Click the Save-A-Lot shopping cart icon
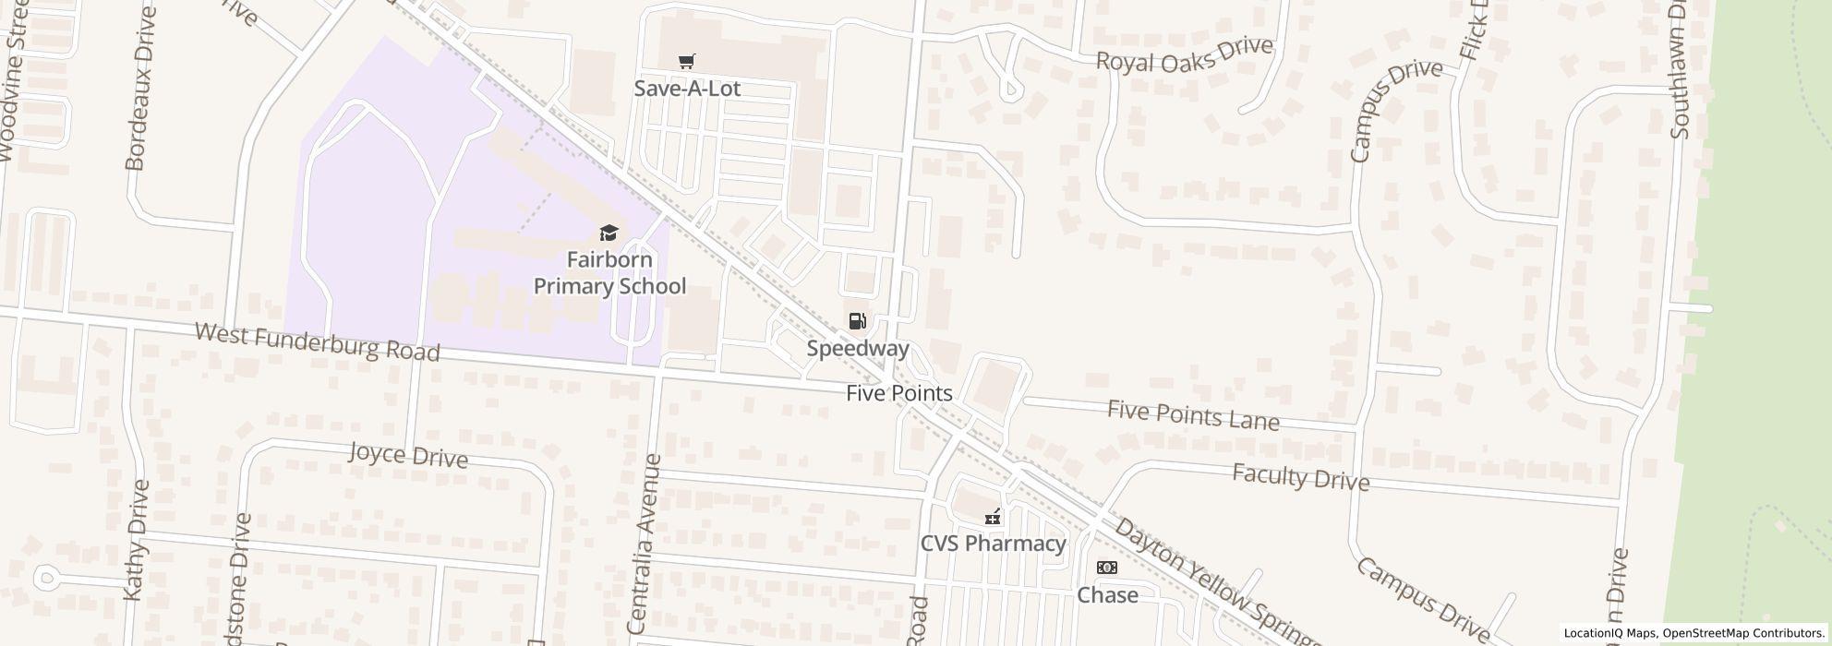[x=686, y=62]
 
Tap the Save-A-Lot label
[x=687, y=89]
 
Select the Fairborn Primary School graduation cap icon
[x=609, y=233]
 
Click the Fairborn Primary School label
[x=609, y=272]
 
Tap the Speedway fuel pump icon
[x=857, y=321]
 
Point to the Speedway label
[x=858, y=349]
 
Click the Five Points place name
[x=898, y=393]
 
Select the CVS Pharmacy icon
[x=992, y=517]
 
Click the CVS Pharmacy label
[x=993, y=544]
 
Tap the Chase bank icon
[x=1106, y=568]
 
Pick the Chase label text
[x=1107, y=595]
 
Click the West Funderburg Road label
[x=317, y=341]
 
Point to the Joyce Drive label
[x=408, y=455]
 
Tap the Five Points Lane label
[x=1193, y=415]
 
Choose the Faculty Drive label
[x=1300, y=477]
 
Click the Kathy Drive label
[x=135, y=540]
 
